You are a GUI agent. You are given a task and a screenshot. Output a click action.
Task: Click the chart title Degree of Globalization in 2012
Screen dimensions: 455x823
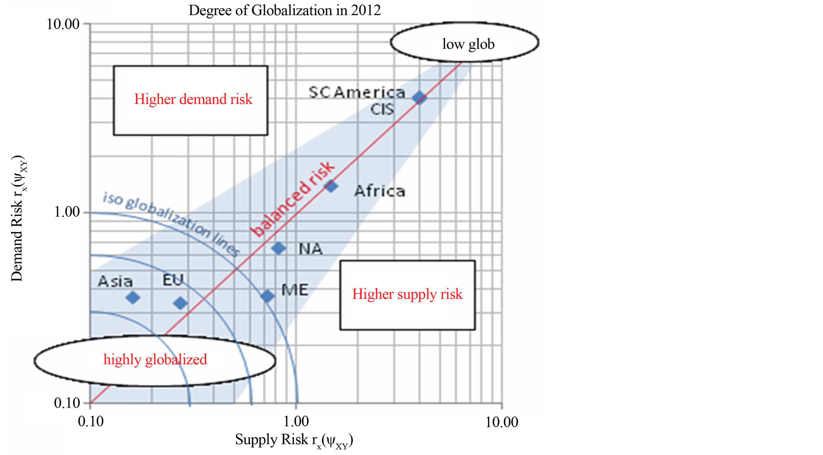[x=284, y=10]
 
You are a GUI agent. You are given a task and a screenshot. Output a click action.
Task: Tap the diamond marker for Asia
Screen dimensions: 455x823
[x=133, y=297]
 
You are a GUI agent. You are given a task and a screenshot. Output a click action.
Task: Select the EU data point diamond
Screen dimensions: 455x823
[x=180, y=303]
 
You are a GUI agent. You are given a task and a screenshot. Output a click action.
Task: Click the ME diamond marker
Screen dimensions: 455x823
[x=267, y=296]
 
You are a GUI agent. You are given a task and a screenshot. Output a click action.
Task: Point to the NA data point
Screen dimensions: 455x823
[x=278, y=248]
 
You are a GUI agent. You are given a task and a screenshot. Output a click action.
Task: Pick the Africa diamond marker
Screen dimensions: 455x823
[x=331, y=186]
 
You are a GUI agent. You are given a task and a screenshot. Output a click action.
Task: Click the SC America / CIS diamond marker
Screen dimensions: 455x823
[x=419, y=97]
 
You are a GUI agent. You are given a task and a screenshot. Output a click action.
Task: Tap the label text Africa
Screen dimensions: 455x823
[x=379, y=191]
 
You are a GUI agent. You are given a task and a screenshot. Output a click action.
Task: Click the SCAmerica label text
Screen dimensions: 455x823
[x=357, y=93]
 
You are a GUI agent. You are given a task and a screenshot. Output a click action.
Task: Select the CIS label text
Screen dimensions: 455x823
[x=382, y=110]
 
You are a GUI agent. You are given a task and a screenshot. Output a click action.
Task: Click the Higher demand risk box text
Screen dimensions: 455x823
[x=193, y=99]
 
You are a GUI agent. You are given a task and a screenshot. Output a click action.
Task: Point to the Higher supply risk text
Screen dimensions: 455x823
[x=407, y=294]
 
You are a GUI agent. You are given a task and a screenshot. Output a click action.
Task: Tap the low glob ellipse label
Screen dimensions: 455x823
[x=468, y=44]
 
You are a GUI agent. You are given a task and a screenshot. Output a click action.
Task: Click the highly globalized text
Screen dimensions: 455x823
[x=155, y=360]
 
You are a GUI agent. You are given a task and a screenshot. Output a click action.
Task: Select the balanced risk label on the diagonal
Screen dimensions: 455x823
[x=293, y=199]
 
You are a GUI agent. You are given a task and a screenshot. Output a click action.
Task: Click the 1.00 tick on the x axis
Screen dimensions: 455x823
[x=296, y=422]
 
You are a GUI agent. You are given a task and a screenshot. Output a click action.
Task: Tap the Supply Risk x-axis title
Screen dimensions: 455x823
[x=294, y=440]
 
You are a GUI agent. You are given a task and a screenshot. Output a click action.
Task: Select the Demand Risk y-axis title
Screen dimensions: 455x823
[x=18, y=218]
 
